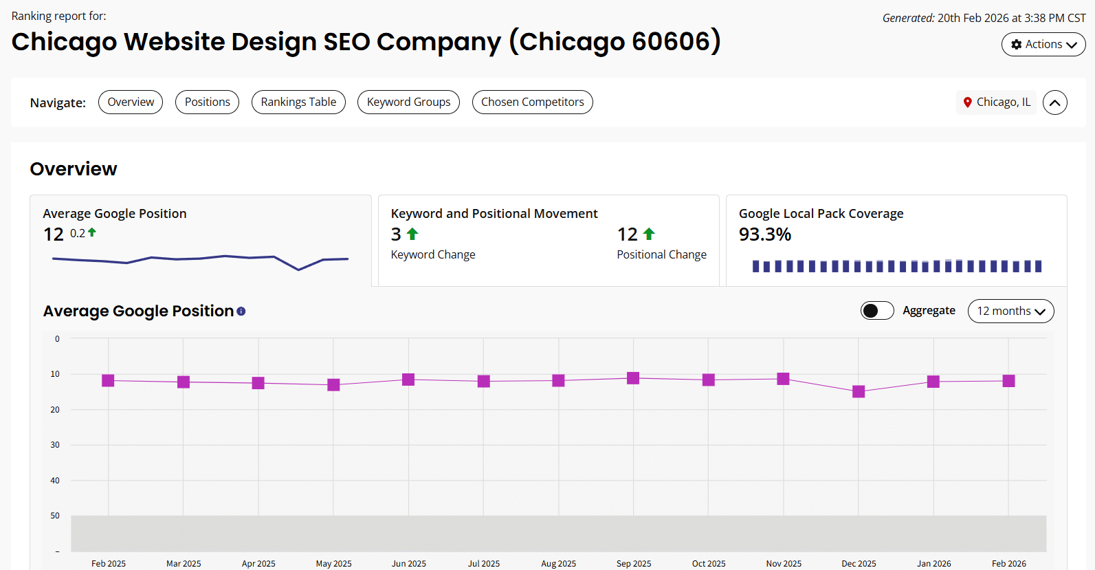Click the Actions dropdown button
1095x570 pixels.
point(1043,45)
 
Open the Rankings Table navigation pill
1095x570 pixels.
point(298,102)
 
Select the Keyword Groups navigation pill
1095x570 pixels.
point(408,102)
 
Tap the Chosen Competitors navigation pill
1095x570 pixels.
point(532,102)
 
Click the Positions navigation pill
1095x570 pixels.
point(207,102)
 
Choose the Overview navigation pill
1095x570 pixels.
point(131,102)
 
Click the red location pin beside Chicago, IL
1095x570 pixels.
point(967,102)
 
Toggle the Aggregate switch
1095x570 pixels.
point(876,311)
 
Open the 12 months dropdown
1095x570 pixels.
point(1010,311)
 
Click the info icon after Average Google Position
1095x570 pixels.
point(241,311)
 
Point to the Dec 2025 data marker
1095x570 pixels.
point(859,391)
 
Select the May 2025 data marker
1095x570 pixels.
point(333,384)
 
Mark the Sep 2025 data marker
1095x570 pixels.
point(633,378)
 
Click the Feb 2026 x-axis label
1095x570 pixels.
point(1008,563)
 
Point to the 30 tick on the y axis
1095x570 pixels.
point(55,445)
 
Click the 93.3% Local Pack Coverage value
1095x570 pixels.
point(764,234)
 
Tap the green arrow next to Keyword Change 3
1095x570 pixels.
point(412,234)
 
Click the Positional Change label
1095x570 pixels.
point(661,254)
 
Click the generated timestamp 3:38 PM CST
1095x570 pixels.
point(1054,18)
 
